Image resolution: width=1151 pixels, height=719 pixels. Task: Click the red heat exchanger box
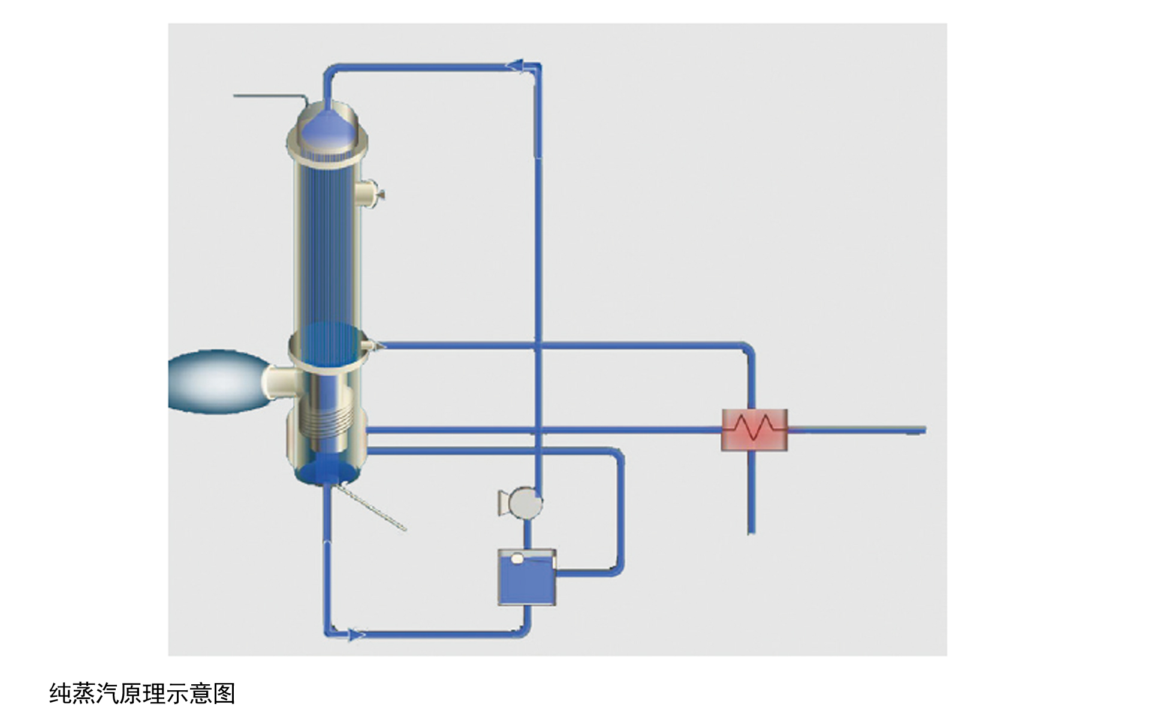pyautogui.click(x=754, y=430)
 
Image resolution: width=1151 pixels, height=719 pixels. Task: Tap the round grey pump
pyautogui.click(x=525, y=502)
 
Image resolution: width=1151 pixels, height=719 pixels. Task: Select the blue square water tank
pyautogui.click(x=527, y=577)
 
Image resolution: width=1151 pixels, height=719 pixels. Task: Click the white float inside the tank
pyautogui.click(x=517, y=558)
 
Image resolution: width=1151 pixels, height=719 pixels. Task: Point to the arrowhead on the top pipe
pyautogui.click(x=517, y=65)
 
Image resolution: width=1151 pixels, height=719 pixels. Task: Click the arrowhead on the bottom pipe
pyautogui.click(x=356, y=635)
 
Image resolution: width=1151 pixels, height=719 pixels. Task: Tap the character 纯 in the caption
pyautogui.click(x=61, y=693)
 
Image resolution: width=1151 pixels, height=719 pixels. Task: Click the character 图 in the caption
pyautogui.click(x=224, y=693)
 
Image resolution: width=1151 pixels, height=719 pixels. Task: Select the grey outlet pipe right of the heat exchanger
pyautogui.click(x=857, y=430)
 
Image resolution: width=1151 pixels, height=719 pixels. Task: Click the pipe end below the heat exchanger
pyautogui.click(x=751, y=531)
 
